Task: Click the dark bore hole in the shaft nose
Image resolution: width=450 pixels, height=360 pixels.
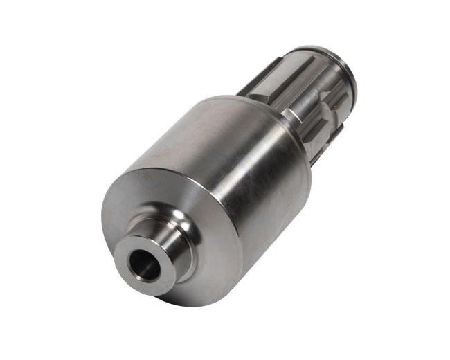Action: click(x=143, y=263)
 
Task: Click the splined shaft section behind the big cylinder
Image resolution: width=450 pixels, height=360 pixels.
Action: click(x=312, y=97)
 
